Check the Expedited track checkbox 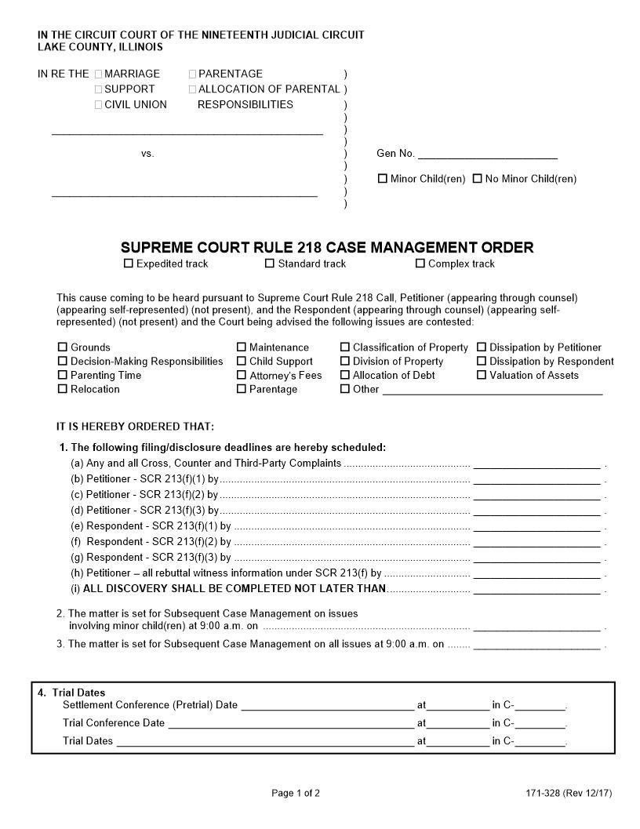coord(129,264)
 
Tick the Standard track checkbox coord(270,264)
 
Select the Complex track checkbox coord(420,264)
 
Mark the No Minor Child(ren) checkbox coord(477,179)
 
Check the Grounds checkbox coord(63,347)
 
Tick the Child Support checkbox coord(242,361)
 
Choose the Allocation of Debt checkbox coord(345,375)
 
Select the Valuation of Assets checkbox coord(482,375)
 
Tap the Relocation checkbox coord(63,389)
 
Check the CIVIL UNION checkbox coord(99,105)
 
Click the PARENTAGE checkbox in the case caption coord(193,74)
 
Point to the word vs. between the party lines coord(147,154)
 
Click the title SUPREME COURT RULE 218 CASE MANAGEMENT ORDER coord(327,248)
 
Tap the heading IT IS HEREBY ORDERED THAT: coord(135,427)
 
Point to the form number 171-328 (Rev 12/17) coord(569,793)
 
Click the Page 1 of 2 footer coord(296,793)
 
